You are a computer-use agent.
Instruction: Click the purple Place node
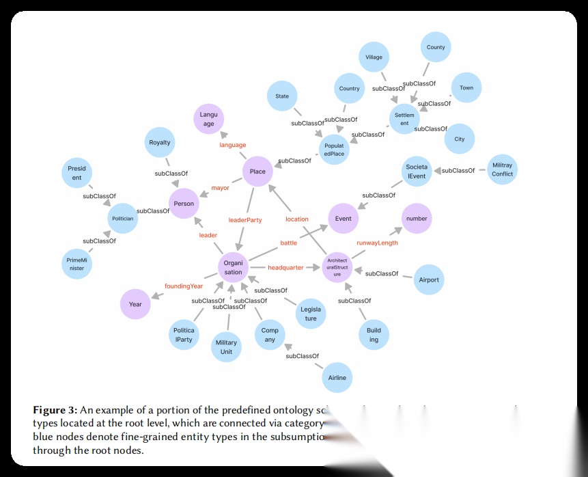pyautogui.click(x=257, y=172)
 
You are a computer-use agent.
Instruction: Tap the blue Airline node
pyautogui.click(x=337, y=377)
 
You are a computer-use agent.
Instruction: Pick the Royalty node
pyautogui.click(x=160, y=143)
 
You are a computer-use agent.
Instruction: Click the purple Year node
pyautogui.click(x=135, y=304)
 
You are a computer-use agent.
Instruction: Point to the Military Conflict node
pyautogui.click(x=502, y=169)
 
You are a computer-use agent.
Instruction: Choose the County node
pyautogui.click(x=436, y=48)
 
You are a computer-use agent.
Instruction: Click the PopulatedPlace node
pyautogui.click(x=334, y=150)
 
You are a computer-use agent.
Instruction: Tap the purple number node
pyautogui.click(x=417, y=219)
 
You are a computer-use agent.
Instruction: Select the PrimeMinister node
pyautogui.click(x=76, y=264)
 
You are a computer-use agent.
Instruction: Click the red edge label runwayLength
pyautogui.click(x=377, y=243)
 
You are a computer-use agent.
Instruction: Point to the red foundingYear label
pyautogui.click(x=184, y=286)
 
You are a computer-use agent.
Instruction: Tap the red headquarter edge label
pyautogui.click(x=285, y=268)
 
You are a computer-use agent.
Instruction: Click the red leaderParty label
pyautogui.click(x=245, y=220)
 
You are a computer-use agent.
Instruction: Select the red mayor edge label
pyautogui.click(x=220, y=188)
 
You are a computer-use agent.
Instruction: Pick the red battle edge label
pyautogui.click(x=289, y=243)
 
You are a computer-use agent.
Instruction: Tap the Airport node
pyautogui.click(x=429, y=280)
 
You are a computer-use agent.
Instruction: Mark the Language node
pyautogui.click(x=208, y=120)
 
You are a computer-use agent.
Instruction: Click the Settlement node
pyautogui.click(x=404, y=120)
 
